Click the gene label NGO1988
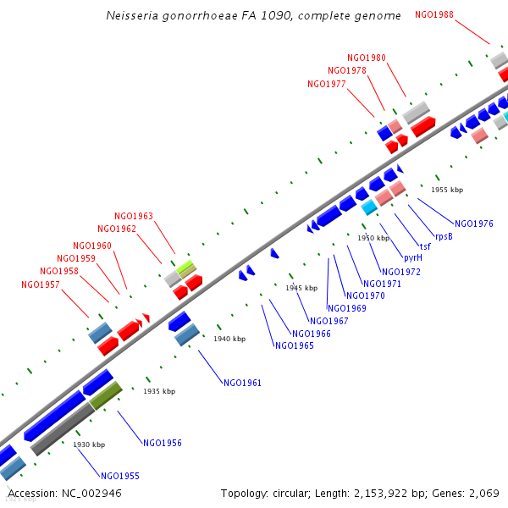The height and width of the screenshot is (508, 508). click(x=434, y=14)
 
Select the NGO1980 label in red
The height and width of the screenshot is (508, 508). click(x=367, y=58)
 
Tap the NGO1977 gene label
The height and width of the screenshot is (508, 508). click(x=327, y=84)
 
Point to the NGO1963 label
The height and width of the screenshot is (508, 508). click(x=134, y=216)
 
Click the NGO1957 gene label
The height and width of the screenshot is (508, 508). click(x=41, y=284)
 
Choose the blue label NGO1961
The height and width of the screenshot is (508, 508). click(x=243, y=383)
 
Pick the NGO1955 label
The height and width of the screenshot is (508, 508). click(x=120, y=476)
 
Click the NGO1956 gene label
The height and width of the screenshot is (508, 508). click(x=163, y=443)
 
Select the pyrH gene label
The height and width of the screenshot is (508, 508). click(x=412, y=257)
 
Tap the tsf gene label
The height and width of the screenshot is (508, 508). click(x=425, y=246)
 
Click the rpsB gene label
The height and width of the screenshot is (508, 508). click(x=444, y=236)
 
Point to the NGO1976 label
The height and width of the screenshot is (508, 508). click(x=474, y=224)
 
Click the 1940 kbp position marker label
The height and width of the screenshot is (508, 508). click(x=229, y=339)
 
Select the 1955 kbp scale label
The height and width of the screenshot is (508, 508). click(x=448, y=190)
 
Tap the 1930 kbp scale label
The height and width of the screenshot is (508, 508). click(x=89, y=444)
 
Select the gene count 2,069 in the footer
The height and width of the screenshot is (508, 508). click(x=483, y=493)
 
